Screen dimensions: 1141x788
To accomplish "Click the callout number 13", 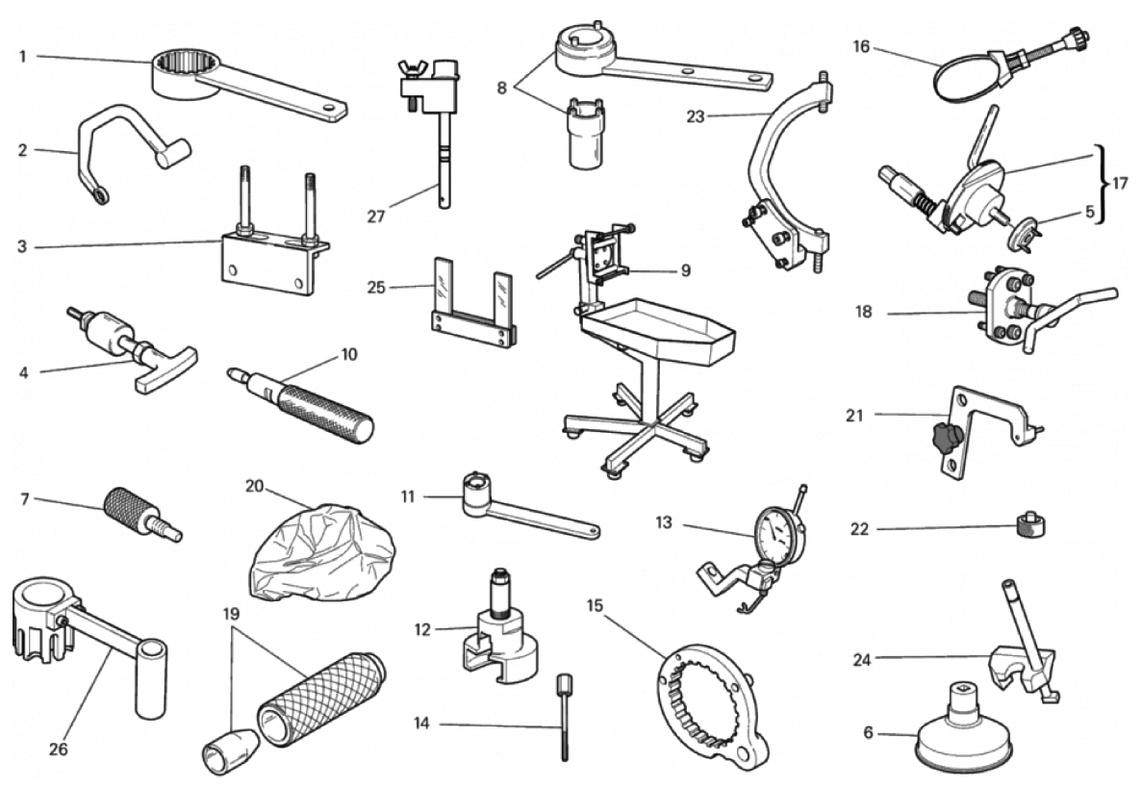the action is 664,522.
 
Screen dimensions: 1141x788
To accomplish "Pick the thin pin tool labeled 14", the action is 565,718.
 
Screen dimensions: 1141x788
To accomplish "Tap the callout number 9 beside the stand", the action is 686,270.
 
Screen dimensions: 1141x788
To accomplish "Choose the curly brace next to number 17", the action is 1103,183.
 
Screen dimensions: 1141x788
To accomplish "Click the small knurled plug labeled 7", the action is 142,515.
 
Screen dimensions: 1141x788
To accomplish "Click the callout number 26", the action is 59,750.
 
